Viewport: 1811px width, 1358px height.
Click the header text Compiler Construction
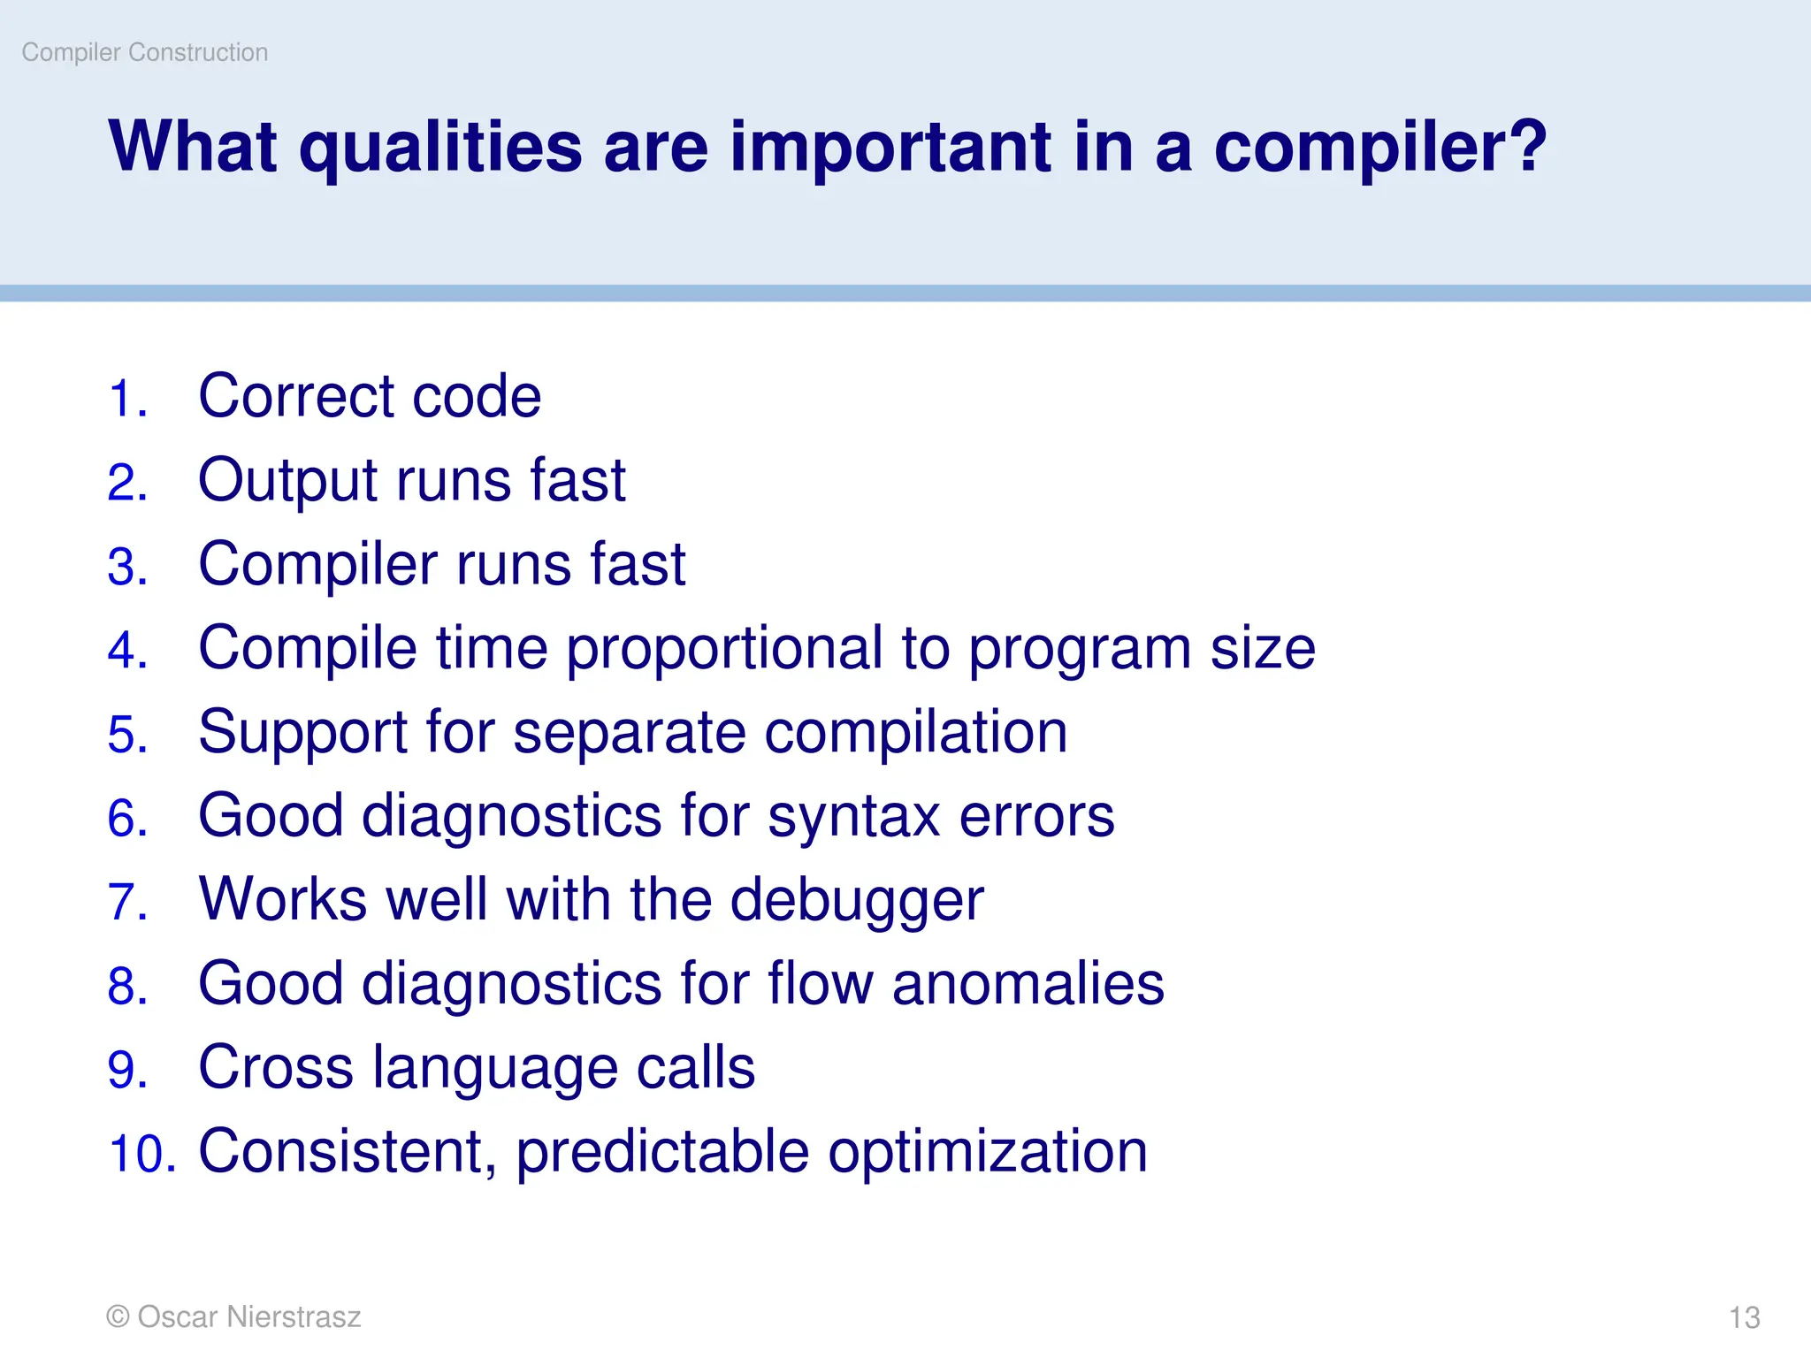tap(144, 53)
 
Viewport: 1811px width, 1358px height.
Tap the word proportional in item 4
tap(723, 649)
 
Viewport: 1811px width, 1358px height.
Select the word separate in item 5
tap(629, 733)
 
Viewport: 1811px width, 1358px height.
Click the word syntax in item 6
tap(853, 817)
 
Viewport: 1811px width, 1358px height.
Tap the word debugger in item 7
tap(856, 901)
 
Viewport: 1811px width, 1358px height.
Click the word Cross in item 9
tap(275, 1067)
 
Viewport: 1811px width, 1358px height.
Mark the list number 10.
tap(141, 1154)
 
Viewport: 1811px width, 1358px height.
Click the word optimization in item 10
tap(987, 1152)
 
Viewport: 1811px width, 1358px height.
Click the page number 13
tap(1744, 1317)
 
